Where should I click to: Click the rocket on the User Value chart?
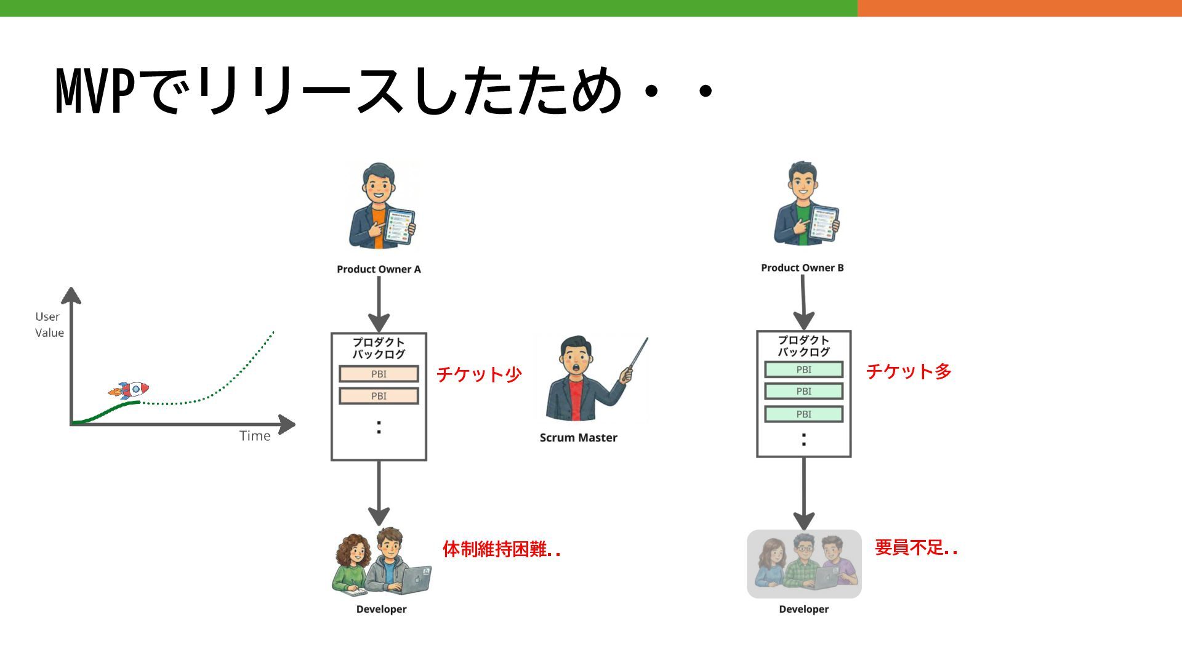(129, 390)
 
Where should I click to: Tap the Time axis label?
(255, 436)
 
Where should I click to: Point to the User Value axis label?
(49, 324)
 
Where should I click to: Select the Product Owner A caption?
(379, 269)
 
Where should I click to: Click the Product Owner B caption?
(802, 268)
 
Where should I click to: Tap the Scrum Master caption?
(578, 438)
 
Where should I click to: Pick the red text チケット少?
(479, 374)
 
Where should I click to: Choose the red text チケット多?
(909, 371)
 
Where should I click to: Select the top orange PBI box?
(379, 374)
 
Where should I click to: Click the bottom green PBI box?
(803, 414)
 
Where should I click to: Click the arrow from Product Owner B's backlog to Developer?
(803, 493)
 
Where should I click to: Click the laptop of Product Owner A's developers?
(415, 580)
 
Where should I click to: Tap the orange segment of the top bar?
(1019, 8)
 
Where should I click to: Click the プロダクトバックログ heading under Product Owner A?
(379, 348)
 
